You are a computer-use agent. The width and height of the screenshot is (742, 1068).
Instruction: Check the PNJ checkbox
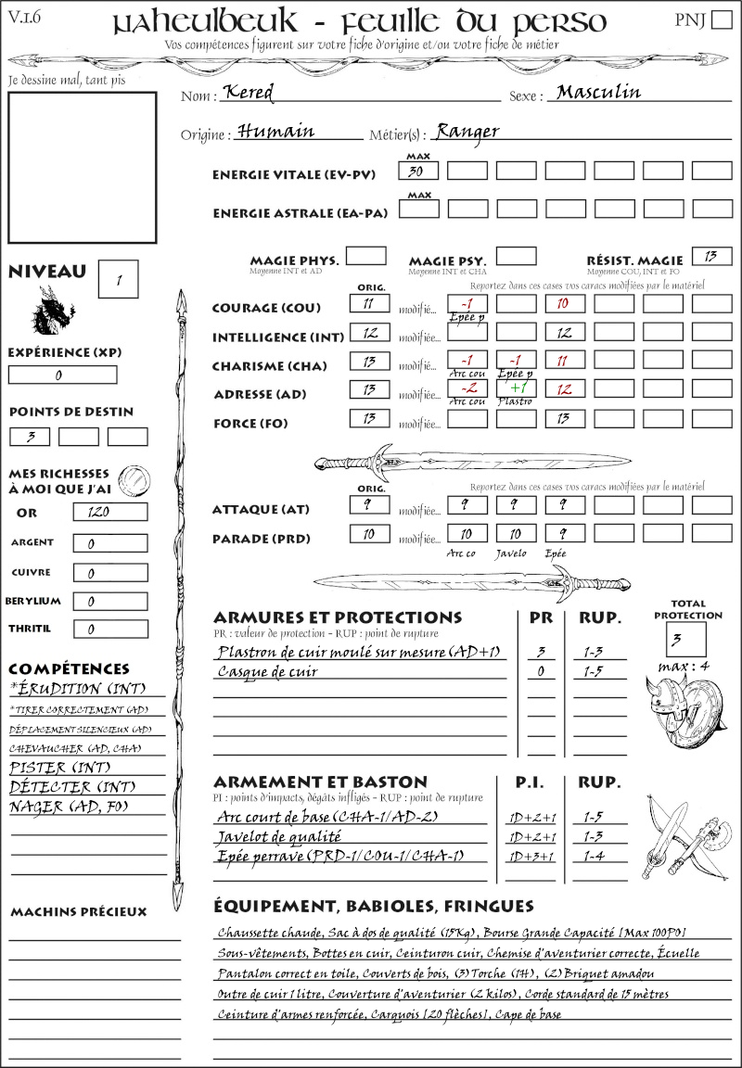(x=721, y=20)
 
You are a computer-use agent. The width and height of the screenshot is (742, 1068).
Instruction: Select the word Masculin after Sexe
(x=598, y=92)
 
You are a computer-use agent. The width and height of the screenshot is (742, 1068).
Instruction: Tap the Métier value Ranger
(x=467, y=131)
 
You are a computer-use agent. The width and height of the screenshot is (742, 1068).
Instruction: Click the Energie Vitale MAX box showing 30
(x=419, y=172)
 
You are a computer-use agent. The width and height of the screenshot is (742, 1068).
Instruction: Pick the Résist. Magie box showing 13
(x=711, y=256)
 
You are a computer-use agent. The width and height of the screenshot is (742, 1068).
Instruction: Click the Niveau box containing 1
(x=120, y=279)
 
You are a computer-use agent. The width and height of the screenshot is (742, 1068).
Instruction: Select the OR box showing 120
(x=109, y=512)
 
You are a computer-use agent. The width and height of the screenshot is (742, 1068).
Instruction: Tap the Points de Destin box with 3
(x=31, y=437)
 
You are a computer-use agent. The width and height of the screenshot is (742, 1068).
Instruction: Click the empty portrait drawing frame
(x=83, y=167)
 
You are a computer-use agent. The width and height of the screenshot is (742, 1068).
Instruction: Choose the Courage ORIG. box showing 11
(x=369, y=303)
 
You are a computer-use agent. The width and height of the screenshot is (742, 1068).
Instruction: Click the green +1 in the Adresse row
(x=517, y=388)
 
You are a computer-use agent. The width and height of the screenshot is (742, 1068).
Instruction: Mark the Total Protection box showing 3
(x=685, y=640)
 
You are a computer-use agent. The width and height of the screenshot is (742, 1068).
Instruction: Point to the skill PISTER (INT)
(x=50, y=768)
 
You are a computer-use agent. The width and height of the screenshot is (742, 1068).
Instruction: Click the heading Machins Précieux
(x=79, y=912)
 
